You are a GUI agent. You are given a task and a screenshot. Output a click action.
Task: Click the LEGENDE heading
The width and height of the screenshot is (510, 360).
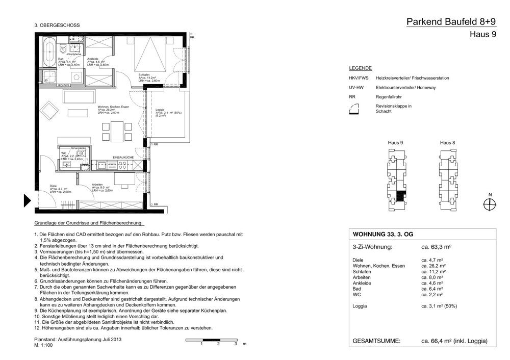coord(360,68)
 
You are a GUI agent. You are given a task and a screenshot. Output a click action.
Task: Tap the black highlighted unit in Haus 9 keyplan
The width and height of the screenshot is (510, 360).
coord(401,195)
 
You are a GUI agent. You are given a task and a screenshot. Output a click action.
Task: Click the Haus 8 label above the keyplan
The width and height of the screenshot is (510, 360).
coord(447,142)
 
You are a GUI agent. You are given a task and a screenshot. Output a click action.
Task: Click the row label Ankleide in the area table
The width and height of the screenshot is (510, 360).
coord(362,282)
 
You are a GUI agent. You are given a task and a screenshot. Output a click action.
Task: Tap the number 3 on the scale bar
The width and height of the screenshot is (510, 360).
coord(235,345)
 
